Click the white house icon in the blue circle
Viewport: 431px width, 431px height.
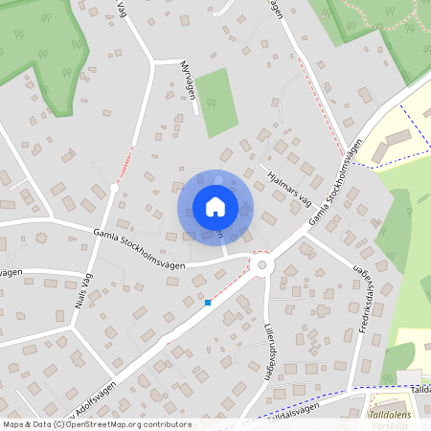pos(215,207)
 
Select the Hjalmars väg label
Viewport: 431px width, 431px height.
pos(290,185)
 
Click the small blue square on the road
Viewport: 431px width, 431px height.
pos(207,303)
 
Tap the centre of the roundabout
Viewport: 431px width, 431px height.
pos(262,264)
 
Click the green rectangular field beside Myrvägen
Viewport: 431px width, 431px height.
pos(218,102)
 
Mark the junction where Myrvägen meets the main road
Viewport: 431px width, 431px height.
pos(153,62)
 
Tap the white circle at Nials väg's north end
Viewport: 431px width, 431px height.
pos(113,189)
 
